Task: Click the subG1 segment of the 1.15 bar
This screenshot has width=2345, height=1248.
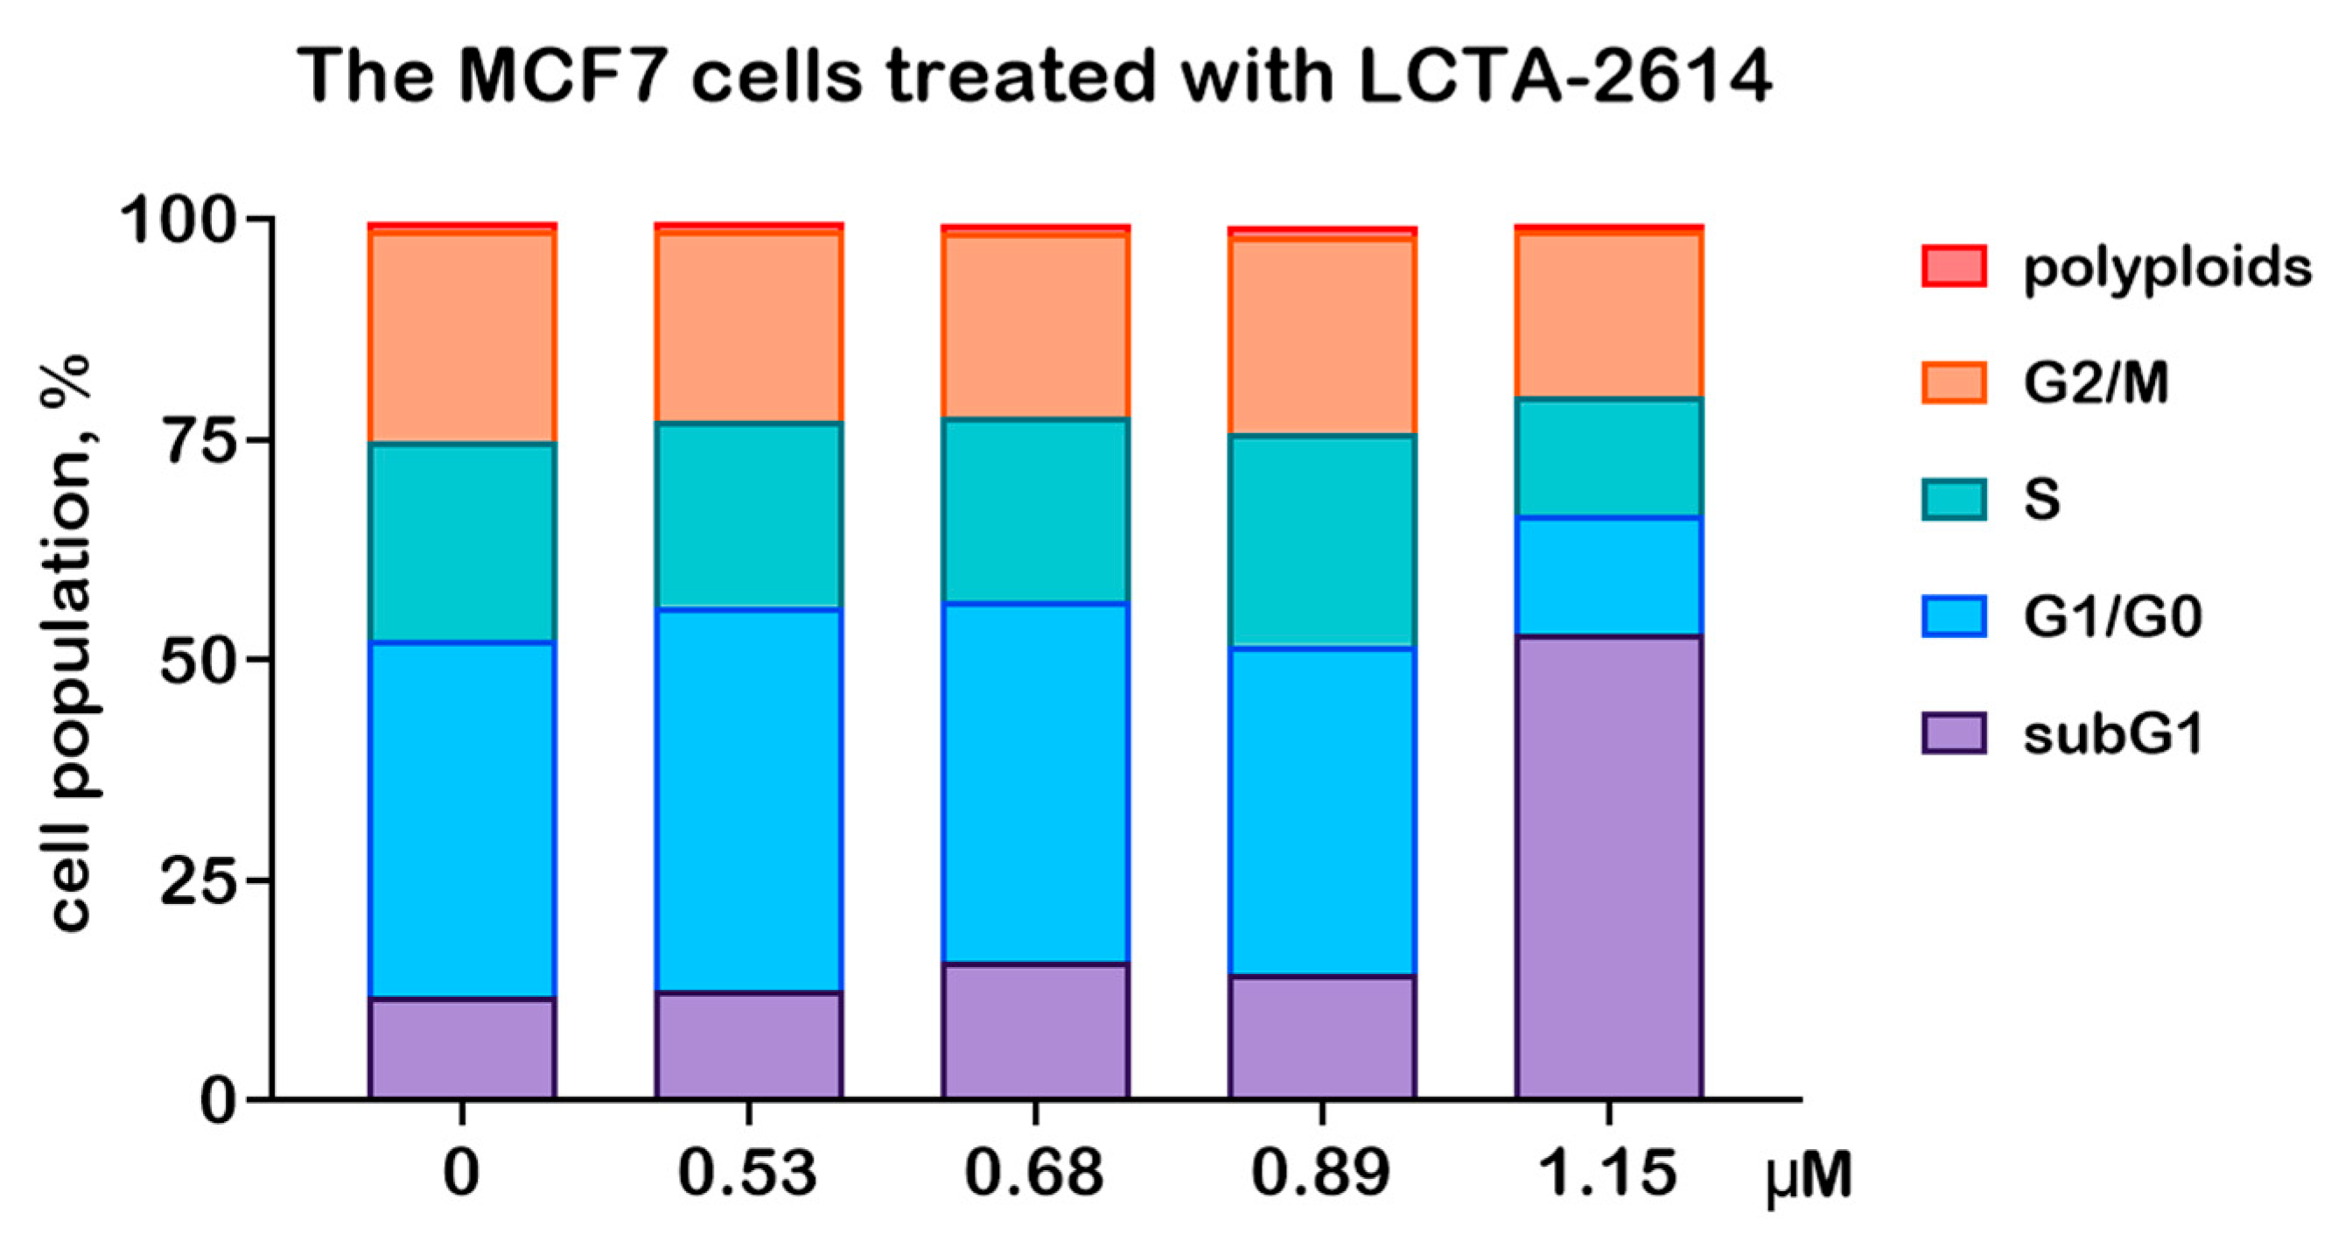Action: [1608, 866]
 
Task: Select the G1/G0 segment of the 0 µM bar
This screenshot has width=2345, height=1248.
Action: [463, 820]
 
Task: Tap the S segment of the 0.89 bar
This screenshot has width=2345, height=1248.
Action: [1322, 541]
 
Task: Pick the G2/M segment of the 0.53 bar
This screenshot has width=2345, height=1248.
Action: [749, 326]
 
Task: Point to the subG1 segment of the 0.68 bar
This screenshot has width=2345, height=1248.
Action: [1036, 1031]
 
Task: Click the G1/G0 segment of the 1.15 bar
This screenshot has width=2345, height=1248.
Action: [1608, 575]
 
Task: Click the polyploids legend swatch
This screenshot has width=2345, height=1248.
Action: [1954, 267]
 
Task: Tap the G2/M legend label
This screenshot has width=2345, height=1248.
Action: [2096, 383]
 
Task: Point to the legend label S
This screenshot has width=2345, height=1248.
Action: [2042, 500]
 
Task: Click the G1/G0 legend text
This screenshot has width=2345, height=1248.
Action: [2113, 617]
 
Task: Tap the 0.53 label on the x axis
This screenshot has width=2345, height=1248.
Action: [748, 1174]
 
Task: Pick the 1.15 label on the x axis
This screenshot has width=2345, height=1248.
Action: [1607, 1174]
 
